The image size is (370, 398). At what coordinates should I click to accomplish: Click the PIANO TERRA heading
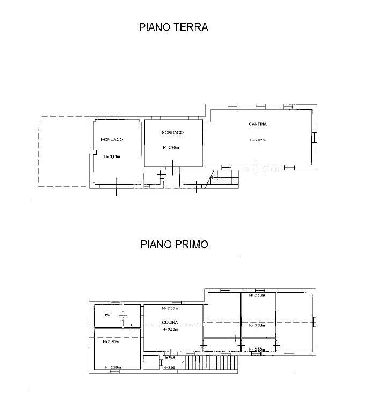point(173,27)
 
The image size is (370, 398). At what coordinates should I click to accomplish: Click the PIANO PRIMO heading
point(174,245)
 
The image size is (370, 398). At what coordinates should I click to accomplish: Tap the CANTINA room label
point(258,124)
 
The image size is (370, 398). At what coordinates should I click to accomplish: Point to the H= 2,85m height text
point(258,141)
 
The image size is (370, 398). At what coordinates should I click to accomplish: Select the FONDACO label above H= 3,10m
point(112,140)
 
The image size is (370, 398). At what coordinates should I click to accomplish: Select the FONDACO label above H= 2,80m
point(173,132)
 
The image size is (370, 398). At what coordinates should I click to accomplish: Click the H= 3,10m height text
point(112,157)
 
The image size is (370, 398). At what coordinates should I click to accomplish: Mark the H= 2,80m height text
point(171,148)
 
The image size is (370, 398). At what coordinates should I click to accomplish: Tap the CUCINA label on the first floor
point(170,323)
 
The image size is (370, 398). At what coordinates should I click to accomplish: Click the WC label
point(107,315)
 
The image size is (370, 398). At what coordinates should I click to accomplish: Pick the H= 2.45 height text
point(169,358)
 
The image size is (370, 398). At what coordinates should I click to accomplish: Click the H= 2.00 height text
point(169,367)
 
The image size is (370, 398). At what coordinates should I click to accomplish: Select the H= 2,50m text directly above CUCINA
point(170,309)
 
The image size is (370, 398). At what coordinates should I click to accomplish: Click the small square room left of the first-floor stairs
point(151,363)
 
